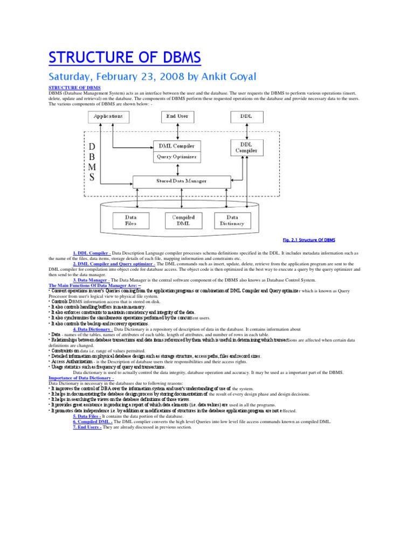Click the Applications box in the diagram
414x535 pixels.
pyautogui.click(x=108, y=116)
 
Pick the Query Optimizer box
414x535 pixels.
pyautogui.click(x=177, y=157)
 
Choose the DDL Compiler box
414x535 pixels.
pyautogui.click(x=246, y=147)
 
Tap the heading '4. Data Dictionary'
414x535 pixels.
pyautogui.click(x=92, y=329)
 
